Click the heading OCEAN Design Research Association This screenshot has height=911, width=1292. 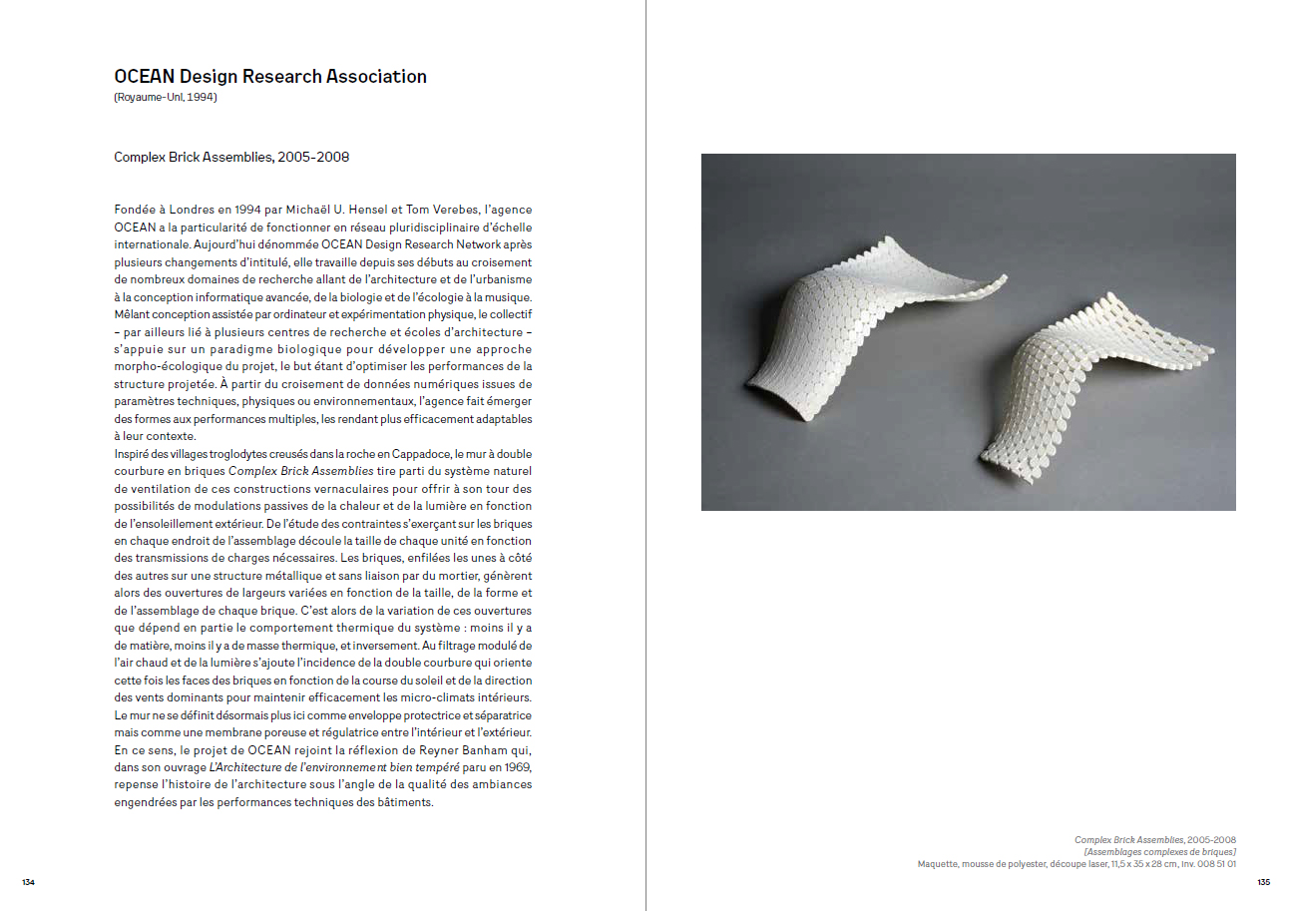point(270,77)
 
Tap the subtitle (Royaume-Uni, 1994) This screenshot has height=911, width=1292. point(166,98)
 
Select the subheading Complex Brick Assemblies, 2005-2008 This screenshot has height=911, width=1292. point(231,158)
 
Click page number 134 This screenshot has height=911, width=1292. point(28,882)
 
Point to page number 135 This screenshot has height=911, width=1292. point(1263,882)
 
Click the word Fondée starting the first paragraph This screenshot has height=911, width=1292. point(136,210)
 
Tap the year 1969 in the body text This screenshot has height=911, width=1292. point(517,767)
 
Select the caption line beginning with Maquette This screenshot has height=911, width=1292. point(1077,864)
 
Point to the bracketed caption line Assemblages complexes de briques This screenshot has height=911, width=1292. point(1159,852)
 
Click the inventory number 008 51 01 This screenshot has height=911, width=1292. point(1213,864)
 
